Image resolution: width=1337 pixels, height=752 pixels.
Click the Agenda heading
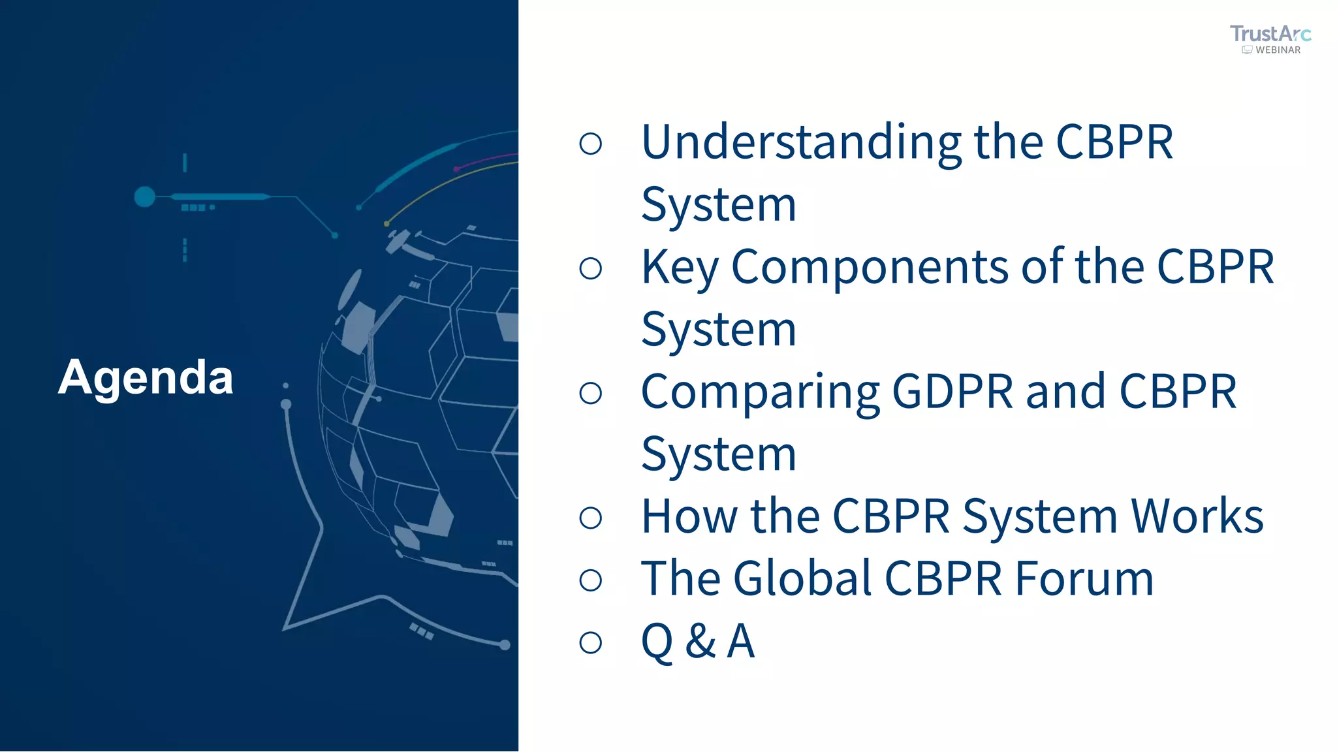tap(146, 377)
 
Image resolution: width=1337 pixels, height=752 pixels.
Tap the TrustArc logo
tap(1270, 33)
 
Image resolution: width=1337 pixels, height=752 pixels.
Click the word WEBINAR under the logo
tap(1278, 50)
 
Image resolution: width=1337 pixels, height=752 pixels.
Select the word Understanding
tap(801, 142)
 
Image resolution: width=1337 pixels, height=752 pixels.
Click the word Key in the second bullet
tap(680, 267)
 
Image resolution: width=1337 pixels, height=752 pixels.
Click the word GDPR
tap(952, 392)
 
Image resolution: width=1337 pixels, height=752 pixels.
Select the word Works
tap(1197, 516)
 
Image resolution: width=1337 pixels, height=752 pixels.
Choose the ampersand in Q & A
tap(700, 641)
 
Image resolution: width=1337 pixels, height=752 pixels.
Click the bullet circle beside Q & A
tap(590, 642)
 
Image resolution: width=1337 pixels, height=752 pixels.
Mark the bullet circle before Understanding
tap(590, 144)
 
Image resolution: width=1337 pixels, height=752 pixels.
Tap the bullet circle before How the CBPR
tap(590, 518)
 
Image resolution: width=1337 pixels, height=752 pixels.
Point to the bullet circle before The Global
tap(590, 580)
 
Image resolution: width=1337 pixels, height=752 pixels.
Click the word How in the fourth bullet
tap(689, 516)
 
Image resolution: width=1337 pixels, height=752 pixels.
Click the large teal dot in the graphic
tap(144, 196)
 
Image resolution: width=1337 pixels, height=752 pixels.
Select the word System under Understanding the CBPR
tap(719, 205)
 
